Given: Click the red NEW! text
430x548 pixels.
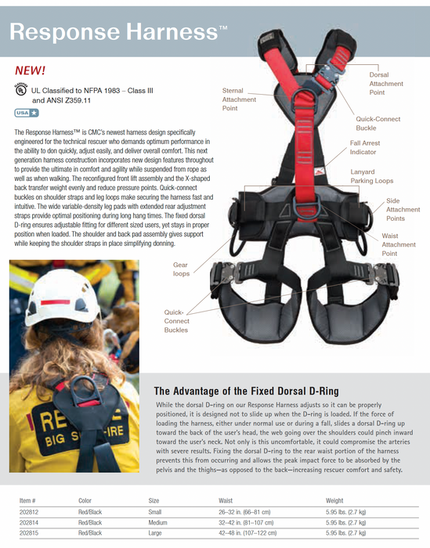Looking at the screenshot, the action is coord(31,70).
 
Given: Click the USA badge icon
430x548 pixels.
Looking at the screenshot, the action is coord(27,114).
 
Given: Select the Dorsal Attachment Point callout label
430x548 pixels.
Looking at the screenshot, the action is coord(386,83).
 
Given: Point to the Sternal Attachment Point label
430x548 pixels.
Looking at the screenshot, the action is coord(239,99).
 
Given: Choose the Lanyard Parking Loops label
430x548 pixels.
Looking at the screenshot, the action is coord(373,176).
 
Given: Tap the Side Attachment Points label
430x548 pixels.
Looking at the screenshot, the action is coord(403,210).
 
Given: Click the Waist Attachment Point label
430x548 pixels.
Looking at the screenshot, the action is coord(399,244).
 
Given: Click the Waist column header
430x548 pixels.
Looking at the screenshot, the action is coord(225,500).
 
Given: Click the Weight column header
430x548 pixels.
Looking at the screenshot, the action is coord(334,500).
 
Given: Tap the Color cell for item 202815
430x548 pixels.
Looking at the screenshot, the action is coord(90,533).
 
